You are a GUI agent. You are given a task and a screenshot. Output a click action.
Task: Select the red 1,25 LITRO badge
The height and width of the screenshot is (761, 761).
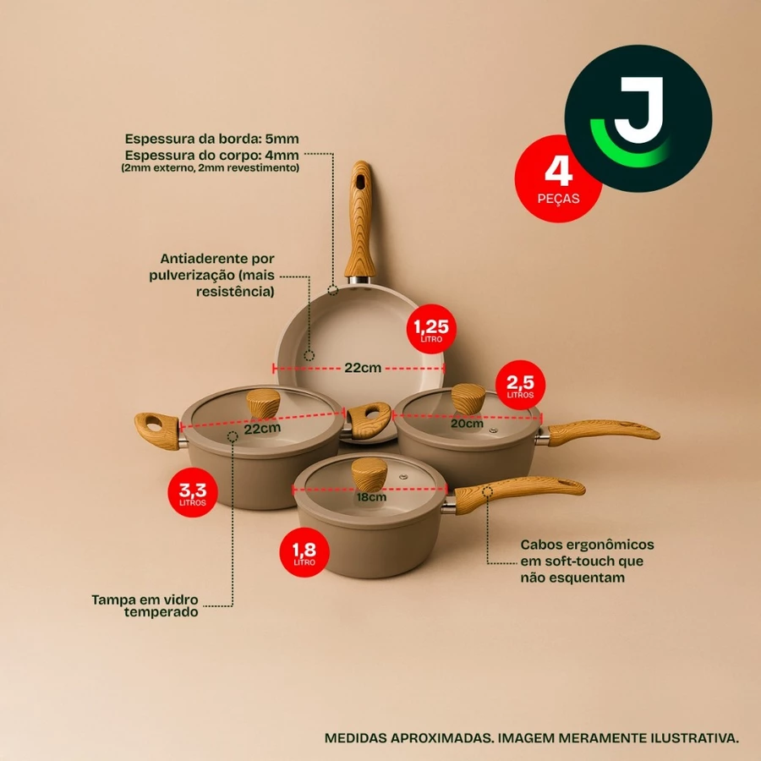coord(431,329)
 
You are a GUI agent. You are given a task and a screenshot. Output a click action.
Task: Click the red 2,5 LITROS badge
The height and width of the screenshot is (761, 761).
coord(520,385)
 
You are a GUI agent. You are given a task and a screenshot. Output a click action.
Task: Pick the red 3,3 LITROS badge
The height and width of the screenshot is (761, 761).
coord(193,492)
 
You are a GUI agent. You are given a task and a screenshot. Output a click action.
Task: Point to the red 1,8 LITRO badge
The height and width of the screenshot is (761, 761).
coord(304,552)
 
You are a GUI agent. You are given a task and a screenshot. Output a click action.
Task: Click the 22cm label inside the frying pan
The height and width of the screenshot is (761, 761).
coord(363,368)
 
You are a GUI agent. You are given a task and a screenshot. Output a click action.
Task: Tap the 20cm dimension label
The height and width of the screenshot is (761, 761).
coord(467,424)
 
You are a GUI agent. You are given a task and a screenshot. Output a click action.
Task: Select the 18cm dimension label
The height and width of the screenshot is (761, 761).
coord(371,497)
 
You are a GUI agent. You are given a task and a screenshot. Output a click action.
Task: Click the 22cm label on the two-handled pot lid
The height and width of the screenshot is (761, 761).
coord(262,429)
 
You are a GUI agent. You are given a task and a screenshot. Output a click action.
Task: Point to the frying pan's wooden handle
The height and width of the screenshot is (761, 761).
coord(360,221)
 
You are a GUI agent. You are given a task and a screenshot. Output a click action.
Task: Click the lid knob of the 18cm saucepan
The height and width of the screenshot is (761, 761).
coord(370,474)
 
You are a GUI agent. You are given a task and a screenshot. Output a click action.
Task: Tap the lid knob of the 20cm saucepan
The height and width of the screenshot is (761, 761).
coord(468,399)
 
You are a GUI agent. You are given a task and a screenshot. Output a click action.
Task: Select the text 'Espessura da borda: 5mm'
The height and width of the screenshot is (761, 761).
coord(211,139)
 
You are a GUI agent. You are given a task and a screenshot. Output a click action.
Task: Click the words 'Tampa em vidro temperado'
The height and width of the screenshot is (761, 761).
coord(145,605)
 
